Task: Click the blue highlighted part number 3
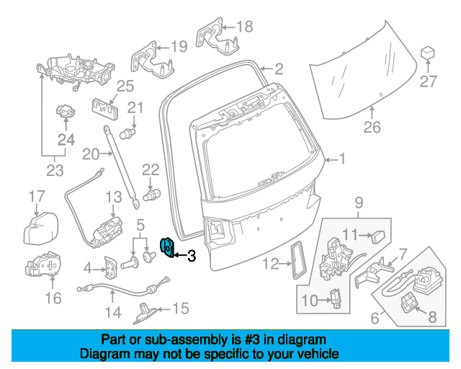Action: tap(167, 247)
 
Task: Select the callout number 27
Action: tap(429, 81)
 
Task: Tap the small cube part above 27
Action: tap(428, 53)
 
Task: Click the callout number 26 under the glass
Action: tap(372, 127)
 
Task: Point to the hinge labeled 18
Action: tap(216, 37)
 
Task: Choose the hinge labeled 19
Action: tap(151, 61)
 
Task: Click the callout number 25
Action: tap(125, 86)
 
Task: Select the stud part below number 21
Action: tap(127, 134)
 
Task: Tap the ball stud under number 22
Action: tap(152, 195)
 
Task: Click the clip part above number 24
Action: tap(66, 111)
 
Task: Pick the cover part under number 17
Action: tap(41, 228)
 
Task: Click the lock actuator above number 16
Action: tap(43, 264)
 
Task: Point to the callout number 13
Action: tap(114, 197)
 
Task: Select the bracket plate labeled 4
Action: tap(110, 268)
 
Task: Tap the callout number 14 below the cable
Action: tap(113, 312)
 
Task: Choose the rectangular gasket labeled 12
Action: tap(298, 259)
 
